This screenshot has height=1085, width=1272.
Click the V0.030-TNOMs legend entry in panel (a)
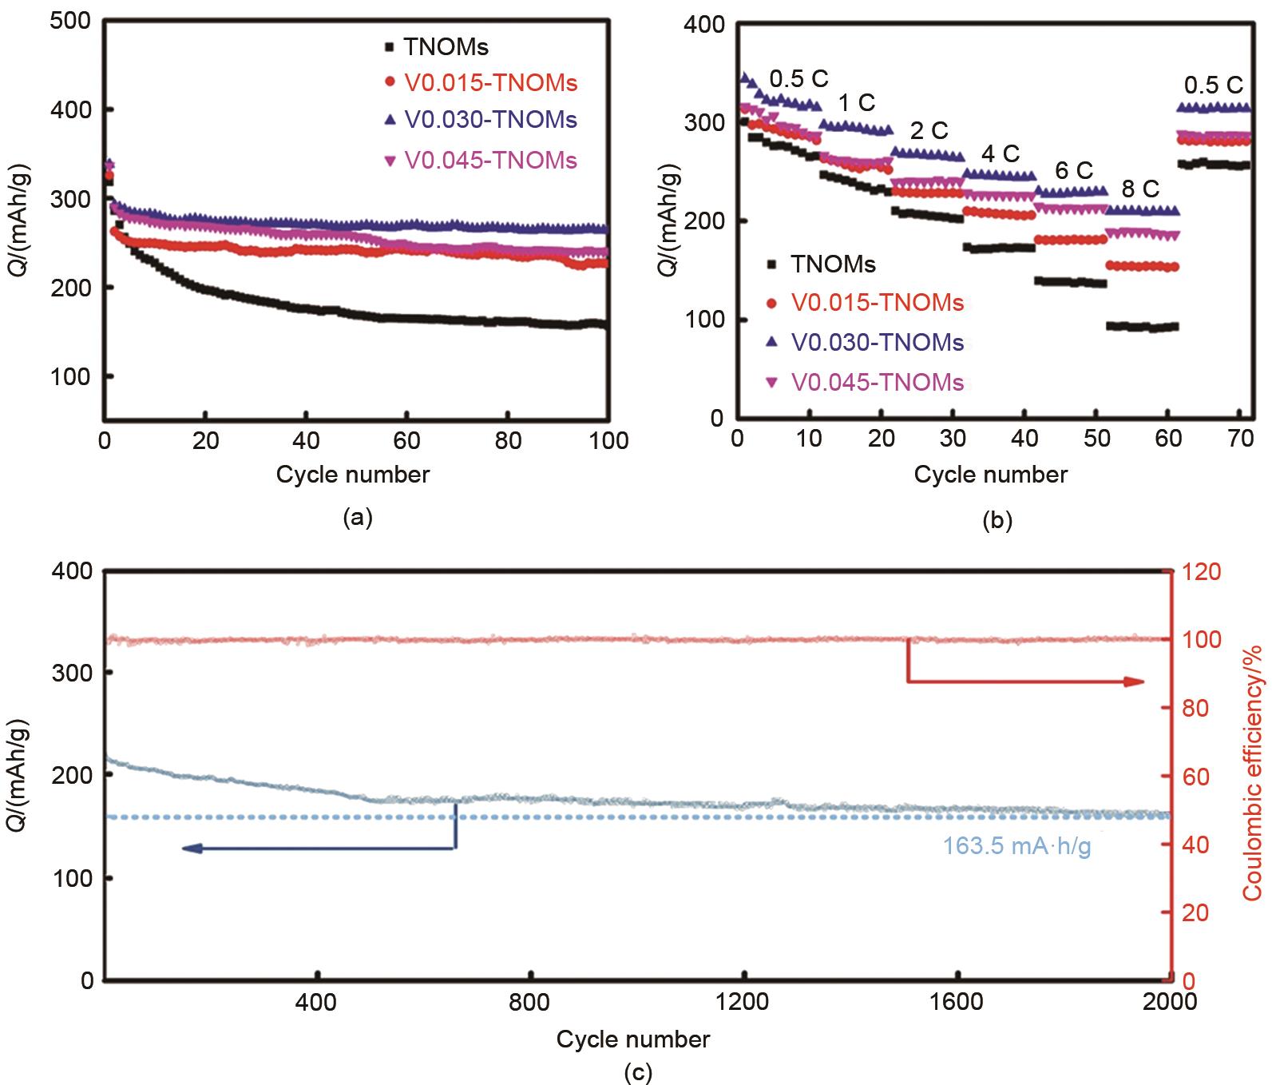point(490,121)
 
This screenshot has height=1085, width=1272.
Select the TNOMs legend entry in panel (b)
point(833,264)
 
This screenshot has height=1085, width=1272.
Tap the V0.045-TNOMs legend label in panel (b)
point(878,382)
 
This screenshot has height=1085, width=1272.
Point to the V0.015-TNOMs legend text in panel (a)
point(490,82)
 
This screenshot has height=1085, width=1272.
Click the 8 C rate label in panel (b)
point(1140,189)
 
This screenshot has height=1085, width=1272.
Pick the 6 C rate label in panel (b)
point(1073,171)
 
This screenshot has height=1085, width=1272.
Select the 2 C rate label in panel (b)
point(929,131)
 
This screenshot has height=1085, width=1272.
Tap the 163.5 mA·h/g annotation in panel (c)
point(1016,846)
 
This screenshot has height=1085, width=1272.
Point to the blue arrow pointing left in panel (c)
point(192,849)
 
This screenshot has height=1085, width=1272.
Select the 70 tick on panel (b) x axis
point(1240,439)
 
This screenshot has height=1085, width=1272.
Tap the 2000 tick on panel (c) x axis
point(1170,1001)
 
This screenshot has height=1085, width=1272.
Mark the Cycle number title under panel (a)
point(353,475)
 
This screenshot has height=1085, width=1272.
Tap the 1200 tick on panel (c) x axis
point(743,1001)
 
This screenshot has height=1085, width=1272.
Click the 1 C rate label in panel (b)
point(857,103)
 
